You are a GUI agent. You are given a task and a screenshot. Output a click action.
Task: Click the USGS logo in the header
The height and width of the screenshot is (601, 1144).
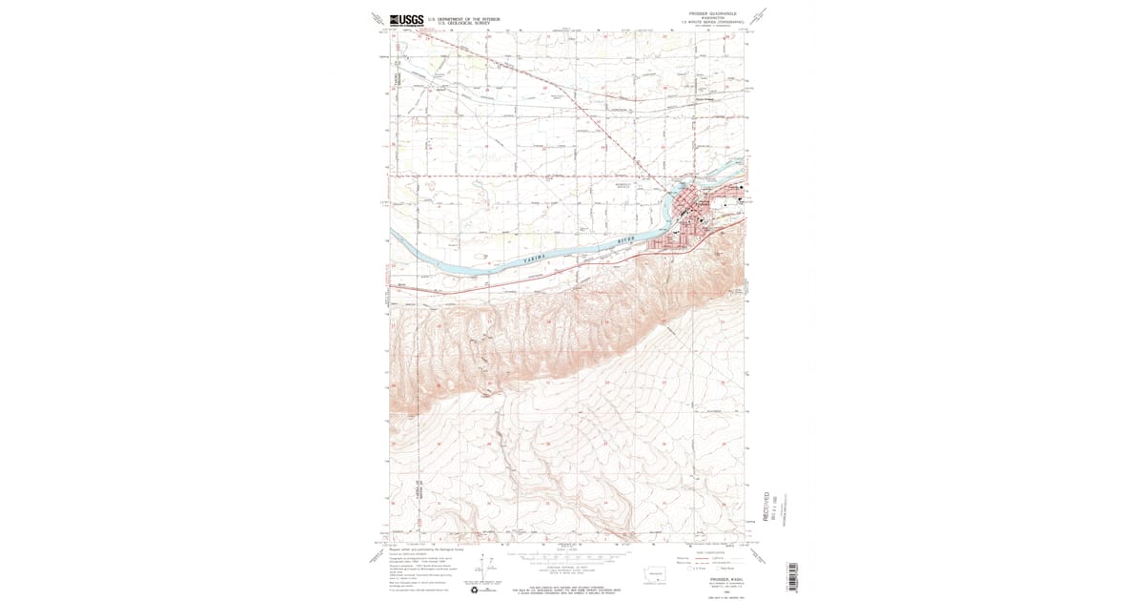[x=406, y=19]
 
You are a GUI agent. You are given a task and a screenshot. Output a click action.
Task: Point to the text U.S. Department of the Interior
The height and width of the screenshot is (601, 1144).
[x=466, y=17]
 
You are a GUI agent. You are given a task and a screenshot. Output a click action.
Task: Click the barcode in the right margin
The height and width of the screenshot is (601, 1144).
[x=792, y=576]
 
